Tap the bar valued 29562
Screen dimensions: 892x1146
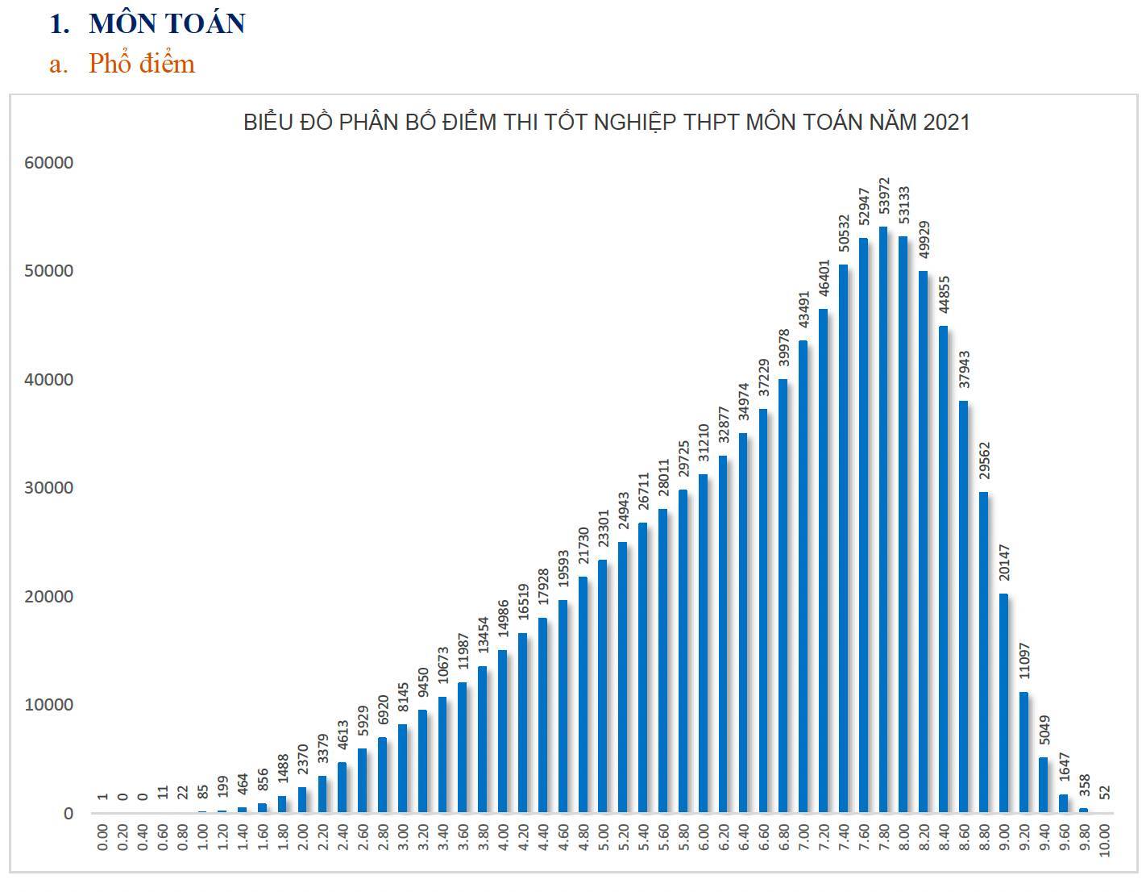983,652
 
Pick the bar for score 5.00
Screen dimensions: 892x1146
603,686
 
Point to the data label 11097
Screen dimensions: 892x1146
1024,665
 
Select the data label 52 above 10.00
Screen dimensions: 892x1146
1104,793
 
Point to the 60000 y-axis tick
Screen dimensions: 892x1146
49,163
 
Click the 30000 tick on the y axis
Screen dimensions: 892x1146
49,488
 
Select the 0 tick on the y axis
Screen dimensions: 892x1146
68,814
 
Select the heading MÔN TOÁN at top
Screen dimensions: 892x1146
167,24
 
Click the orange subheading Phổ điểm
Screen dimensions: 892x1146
142,64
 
